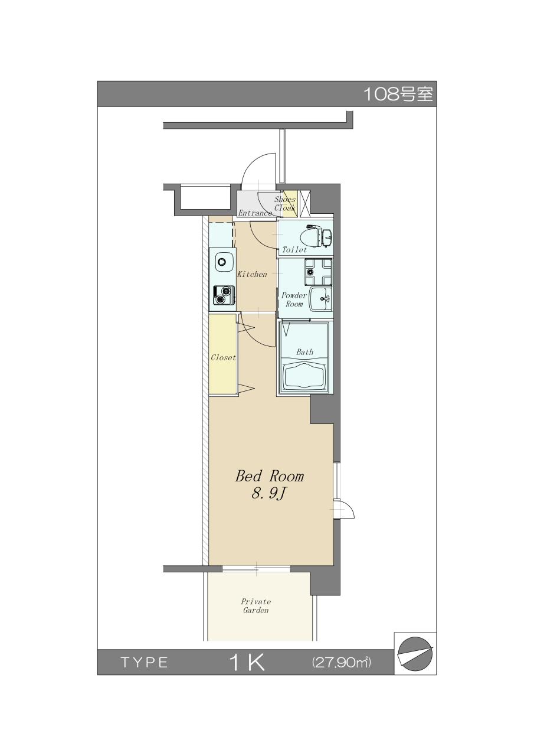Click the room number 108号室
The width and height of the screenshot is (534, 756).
pos(398,94)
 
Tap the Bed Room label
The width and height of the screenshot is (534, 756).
pos(269,476)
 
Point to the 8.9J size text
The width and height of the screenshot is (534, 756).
pos(268,494)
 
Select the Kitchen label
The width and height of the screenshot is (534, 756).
pos(252,274)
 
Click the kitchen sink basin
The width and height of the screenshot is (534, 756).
pos(222,262)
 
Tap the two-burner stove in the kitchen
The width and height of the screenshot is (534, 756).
pos(223,295)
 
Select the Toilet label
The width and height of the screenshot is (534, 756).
pos(294,250)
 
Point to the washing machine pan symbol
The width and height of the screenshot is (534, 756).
pos(318,271)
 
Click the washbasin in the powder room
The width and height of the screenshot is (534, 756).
pos(320,299)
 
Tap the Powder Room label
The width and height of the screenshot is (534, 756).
pos(294,299)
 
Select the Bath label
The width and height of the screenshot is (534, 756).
pos(304,352)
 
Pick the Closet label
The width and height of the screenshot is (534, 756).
pos(223,357)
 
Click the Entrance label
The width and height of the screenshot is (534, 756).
pos(255,213)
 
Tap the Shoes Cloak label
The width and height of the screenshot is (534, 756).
pos(285,204)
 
